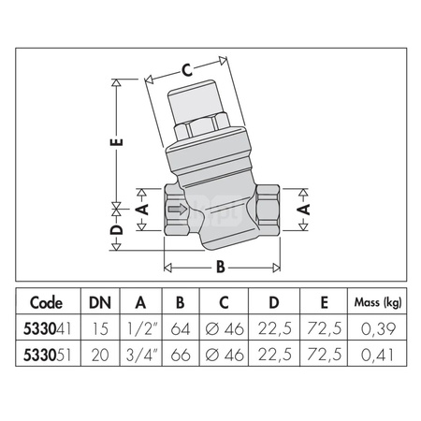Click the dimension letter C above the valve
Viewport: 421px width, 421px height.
coord(186,68)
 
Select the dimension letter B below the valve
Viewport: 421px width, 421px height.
coord(221,267)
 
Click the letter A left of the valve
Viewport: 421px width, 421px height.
coord(142,209)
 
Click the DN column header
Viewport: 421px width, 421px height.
coord(98,302)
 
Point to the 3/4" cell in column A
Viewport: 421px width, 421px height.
coord(140,355)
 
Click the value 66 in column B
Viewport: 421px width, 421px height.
coord(182,355)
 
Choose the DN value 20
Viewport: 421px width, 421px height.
coord(98,355)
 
